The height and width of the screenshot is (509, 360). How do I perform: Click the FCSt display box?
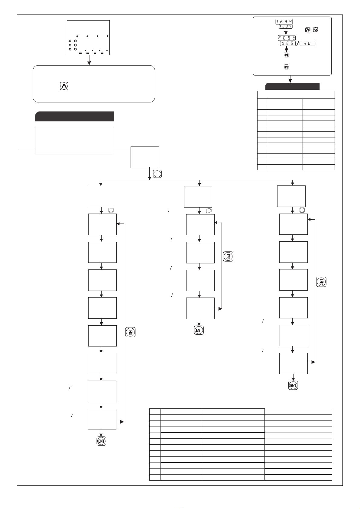[287, 38]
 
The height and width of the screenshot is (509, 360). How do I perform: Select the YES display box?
[288, 43]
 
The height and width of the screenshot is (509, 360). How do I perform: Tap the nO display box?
[307, 43]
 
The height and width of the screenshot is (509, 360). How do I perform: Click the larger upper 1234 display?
[284, 21]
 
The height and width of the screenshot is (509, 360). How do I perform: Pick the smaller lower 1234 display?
[286, 26]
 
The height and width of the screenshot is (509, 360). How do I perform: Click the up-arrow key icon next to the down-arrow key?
[308, 30]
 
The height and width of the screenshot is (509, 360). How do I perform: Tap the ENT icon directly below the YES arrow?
[287, 55]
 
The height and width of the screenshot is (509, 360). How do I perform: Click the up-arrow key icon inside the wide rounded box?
[64, 86]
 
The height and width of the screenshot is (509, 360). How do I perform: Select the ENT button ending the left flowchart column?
[102, 441]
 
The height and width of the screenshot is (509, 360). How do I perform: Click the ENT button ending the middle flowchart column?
[199, 330]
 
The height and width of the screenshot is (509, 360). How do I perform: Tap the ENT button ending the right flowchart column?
[293, 385]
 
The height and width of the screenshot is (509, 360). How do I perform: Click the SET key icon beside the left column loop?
[130, 332]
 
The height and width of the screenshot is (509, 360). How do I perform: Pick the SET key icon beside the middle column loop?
[228, 256]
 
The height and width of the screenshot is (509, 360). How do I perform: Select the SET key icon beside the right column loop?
[321, 282]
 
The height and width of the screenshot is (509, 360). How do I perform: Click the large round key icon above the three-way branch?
[157, 174]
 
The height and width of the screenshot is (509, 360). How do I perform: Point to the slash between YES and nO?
[297, 43]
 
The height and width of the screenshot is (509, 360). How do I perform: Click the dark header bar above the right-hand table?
[293, 86]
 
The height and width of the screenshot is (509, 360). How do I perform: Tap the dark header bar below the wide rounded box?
[74, 116]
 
